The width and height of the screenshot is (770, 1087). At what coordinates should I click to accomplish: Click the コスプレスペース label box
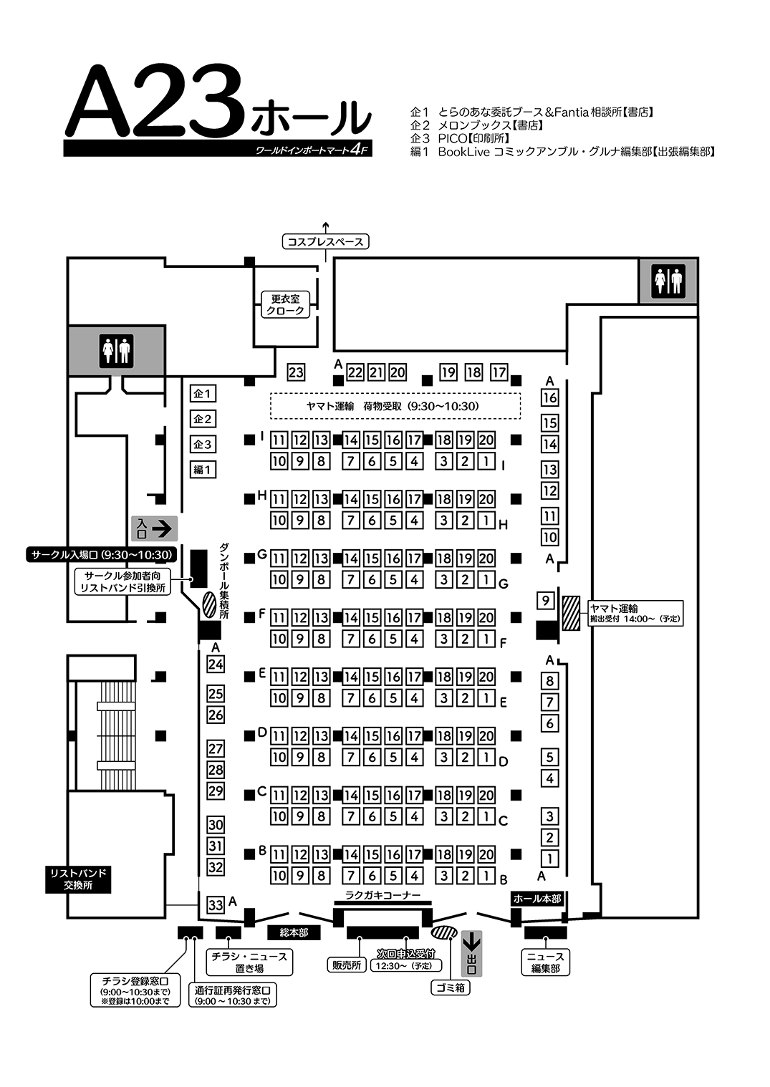point(325,241)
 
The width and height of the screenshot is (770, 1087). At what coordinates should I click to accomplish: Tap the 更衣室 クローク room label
point(286,305)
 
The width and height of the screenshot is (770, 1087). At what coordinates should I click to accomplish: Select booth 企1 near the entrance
point(203,394)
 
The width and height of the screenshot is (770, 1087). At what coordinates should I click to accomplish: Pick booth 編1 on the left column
point(203,469)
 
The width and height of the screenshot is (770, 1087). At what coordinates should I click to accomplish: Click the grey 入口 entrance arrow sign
point(155,528)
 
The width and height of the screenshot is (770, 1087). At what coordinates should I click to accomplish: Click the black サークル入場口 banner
point(101,554)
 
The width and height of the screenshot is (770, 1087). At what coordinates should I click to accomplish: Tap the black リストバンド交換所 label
point(78,879)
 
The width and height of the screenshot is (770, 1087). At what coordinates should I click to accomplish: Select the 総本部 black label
point(294,932)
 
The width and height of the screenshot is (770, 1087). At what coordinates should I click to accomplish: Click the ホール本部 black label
point(537,899)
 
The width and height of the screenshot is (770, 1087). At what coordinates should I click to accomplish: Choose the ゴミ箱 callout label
point(451,987)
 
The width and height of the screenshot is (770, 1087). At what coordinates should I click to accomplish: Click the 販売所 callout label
point(347,965)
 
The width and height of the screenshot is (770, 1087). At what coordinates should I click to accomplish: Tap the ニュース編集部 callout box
point(546,962)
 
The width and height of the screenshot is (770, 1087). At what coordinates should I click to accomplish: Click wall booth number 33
point(216,904)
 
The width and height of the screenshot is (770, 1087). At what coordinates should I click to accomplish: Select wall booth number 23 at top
point(296,372)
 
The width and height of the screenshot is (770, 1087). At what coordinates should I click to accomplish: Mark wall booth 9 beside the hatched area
point(546,601)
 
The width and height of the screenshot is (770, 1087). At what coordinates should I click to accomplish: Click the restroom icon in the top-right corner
point(669,281)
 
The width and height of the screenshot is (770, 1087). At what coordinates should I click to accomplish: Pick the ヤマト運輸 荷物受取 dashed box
point(395,406)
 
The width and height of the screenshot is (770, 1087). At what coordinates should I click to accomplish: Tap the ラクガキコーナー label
point(383,895)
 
